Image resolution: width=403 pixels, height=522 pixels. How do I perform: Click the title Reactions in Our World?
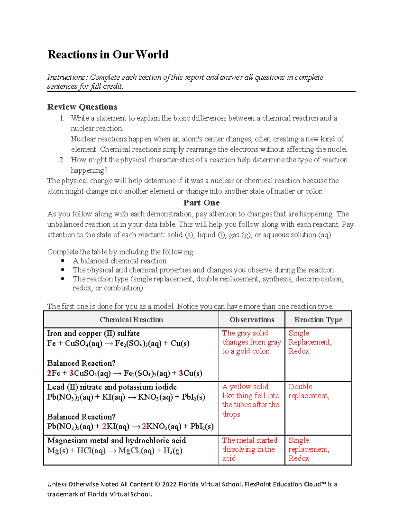click(108, 54)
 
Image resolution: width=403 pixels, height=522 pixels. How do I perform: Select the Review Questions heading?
click(82, 107)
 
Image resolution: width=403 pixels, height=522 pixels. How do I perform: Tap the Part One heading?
click(201, 203)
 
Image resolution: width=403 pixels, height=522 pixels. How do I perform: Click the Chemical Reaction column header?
click(131, 320)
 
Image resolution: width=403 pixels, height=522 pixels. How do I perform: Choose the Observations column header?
click(252, 320)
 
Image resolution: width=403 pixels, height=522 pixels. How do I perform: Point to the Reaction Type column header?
click(318, 320)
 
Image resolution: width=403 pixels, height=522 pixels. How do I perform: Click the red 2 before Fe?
click(49, 373)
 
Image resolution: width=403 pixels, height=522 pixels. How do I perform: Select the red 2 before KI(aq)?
click(104, 427)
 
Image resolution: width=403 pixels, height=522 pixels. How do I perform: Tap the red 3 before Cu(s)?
click(181, 373)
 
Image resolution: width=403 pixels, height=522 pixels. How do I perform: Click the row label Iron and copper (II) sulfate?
click(93, 333)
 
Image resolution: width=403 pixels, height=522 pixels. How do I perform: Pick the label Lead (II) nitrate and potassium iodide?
click(112, 387)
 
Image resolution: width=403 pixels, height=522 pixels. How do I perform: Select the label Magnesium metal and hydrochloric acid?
click(117, 441)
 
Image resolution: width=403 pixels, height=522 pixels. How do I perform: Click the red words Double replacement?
click(308, 391)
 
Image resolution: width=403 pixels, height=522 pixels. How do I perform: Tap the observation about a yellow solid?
click(251, 400)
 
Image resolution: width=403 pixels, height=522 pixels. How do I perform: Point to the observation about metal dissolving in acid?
click(250, 449)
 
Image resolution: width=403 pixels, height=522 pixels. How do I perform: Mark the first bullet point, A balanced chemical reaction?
click(119, 261)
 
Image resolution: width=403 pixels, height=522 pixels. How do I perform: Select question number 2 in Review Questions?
click(61, 160)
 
